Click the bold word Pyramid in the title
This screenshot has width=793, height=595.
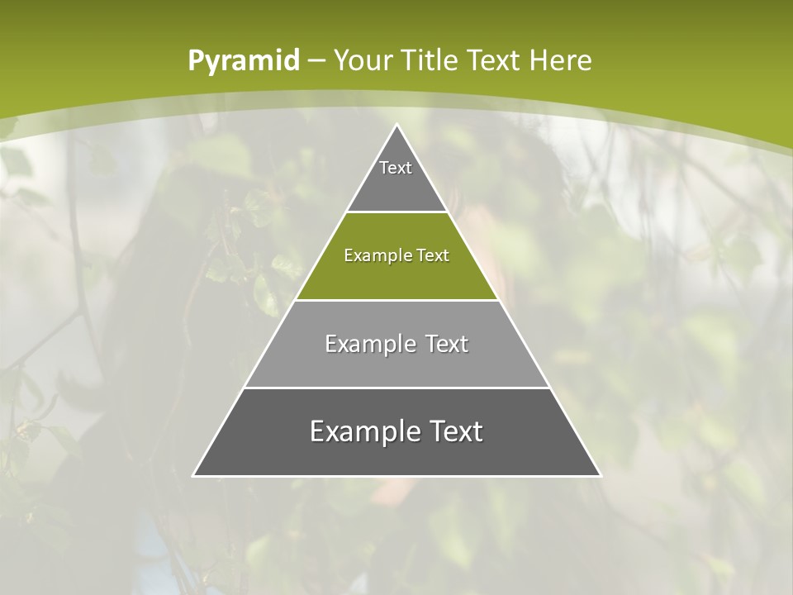[x=244, y=60]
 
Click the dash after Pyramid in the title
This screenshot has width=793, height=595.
[x=316, y=61]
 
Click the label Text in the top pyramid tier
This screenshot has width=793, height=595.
[x=396, y=168]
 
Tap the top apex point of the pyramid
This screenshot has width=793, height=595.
[x=397, y=126]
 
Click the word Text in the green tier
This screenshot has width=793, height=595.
[x=433, y=255]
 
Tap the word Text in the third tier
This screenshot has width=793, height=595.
[x=447, y=344]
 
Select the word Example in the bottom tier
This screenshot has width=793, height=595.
[x=359, y=431]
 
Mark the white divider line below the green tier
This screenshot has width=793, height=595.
[x=396, y=300]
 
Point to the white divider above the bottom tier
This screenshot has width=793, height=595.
[x=396, y=388]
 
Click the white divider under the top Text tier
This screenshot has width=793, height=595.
[x=396, y=212]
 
